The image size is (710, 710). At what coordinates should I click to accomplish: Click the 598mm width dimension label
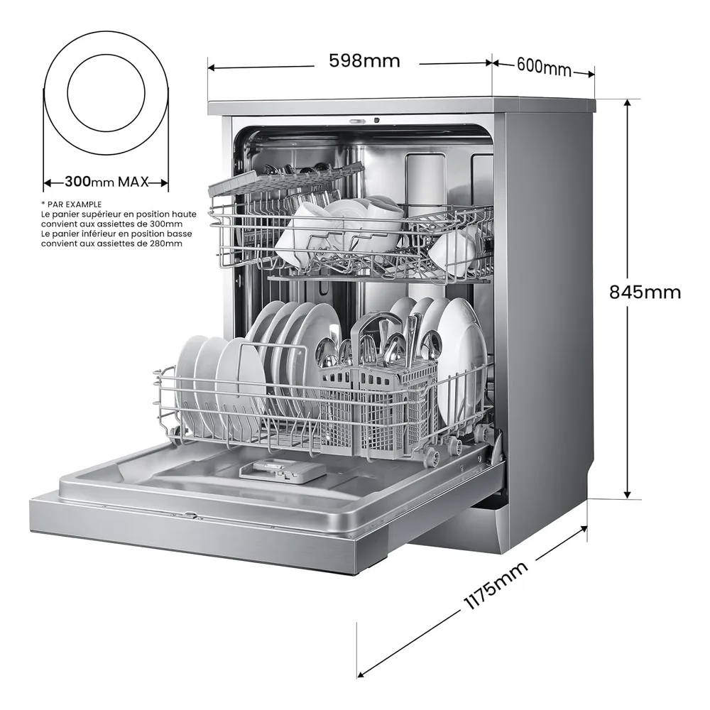pyautogui.click(x=364, y=60)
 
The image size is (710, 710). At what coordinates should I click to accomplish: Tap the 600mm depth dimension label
pyautogui.click(x=544, y=67)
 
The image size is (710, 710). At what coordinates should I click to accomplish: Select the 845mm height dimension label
pyautogui.click(x=645, y=292)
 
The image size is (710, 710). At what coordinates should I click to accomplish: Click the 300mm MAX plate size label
pyautogui.click(x=107, y=182)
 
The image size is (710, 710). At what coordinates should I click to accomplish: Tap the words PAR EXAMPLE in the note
pyautogui.click(x=75, y=204)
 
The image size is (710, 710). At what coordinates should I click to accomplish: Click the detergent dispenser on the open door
pyautogui.click(x=283, y=470)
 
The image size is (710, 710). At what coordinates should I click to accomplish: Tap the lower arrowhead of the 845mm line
pyautogui.click(x=627, y=493)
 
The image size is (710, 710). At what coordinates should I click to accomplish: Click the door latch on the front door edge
pyautogui.click(x=190, y=514)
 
